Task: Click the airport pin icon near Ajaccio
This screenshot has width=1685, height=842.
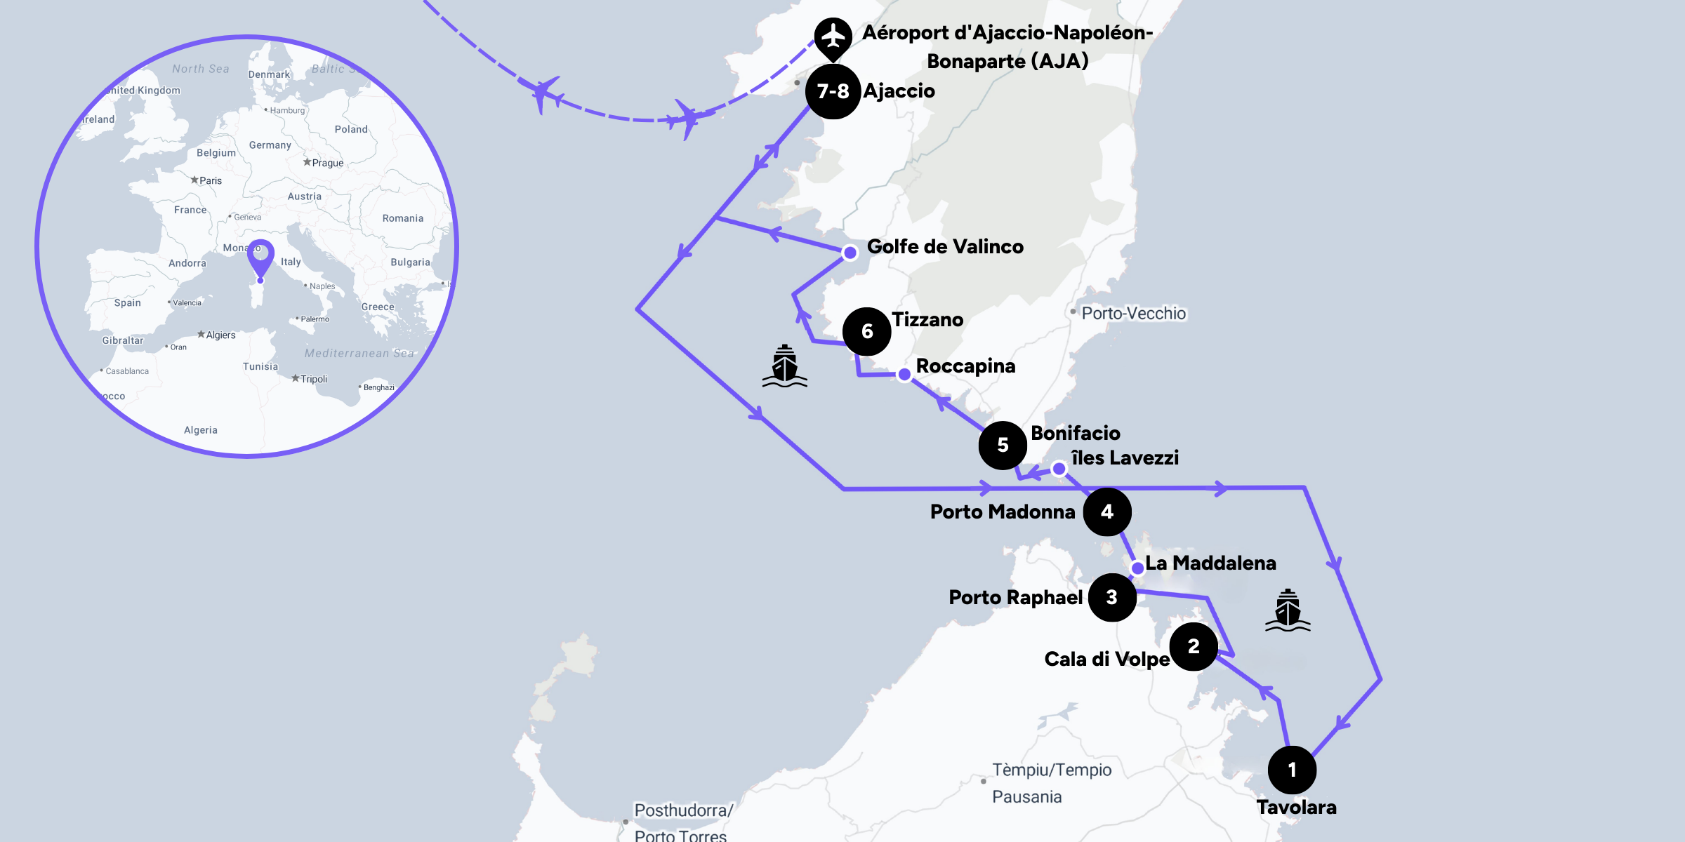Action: coord(833,36)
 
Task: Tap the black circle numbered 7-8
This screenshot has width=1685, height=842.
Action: coord(833,91)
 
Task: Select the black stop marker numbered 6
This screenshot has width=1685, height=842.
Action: coord(867,331)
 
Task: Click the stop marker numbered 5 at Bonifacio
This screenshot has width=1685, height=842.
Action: coord(1003,445)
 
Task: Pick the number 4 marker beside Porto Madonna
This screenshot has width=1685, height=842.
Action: coord(1107,512)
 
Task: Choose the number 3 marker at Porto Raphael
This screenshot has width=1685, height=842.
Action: coord(1112,597)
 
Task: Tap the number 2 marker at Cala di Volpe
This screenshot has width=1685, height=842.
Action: coord(1194,646)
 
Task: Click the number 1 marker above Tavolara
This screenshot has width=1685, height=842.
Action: coord(1292,770)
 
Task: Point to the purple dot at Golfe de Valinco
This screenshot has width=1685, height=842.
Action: coord(850,253)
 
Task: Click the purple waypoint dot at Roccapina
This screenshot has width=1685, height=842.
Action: coord(905,375)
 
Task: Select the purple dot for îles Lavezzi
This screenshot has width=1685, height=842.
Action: coord(1059,468)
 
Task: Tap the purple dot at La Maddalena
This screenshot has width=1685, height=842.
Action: coord(1137,568)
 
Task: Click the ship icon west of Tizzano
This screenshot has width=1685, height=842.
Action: coord(784,366)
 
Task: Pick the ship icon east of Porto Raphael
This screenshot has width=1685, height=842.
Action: coord(1288,610)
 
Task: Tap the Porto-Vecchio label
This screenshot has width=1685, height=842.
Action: coord(1133,313)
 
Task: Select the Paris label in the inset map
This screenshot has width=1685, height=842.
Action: coord(210,180)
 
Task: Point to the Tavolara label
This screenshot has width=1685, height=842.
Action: coord(1296,807)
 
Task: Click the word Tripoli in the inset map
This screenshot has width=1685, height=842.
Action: coord(314,379)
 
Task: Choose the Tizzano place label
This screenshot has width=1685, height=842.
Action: coord(927,319)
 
